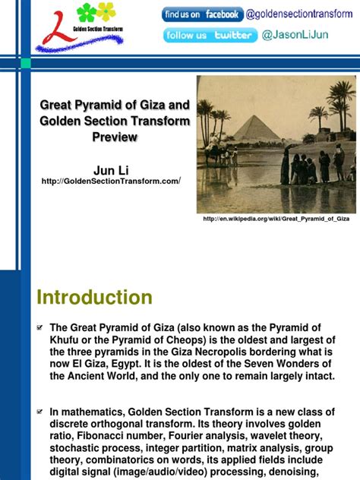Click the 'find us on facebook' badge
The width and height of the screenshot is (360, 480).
[202, 14]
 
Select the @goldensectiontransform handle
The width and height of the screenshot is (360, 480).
[299, 14]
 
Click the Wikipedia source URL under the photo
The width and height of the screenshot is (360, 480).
[276, 219]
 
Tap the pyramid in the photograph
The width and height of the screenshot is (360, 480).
[256, 128]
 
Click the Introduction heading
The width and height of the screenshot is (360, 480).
[95, 297]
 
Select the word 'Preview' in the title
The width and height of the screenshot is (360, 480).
[115, 137]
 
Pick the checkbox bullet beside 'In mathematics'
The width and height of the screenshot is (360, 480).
[41, 411]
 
